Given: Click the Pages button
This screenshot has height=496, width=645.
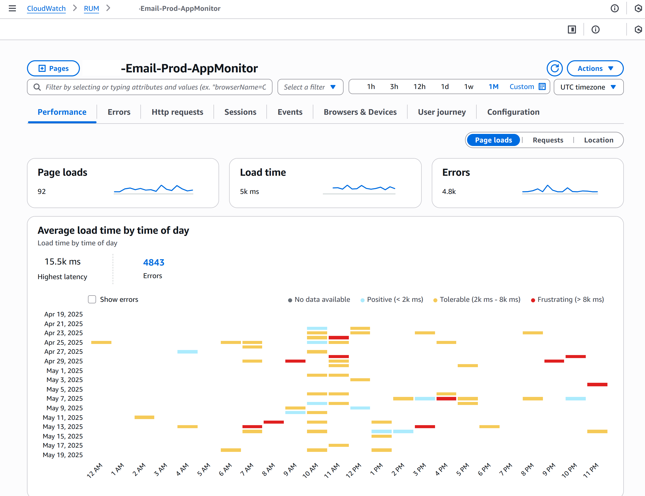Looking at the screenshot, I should [53, 69].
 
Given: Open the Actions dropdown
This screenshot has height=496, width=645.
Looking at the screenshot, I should [595, 69].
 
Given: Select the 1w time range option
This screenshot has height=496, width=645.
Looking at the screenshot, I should [468, 87].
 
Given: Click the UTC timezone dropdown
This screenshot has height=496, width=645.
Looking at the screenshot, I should [588, 87].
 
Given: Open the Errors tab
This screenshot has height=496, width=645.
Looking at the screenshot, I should [119, 112].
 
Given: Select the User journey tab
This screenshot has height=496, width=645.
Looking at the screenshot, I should [441, 112].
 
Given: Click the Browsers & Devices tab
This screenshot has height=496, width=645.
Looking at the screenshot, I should [360, 112].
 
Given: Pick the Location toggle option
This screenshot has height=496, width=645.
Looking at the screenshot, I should [598, 140].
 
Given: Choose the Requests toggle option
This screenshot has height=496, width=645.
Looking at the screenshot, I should [548, 140].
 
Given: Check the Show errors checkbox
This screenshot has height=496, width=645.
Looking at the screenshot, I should [92, 299].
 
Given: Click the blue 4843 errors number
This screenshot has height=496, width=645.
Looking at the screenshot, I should [153, 262].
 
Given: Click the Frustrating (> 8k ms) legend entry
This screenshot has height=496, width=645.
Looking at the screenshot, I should [567, 300].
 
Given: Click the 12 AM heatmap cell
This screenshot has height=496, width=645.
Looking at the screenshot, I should [101, 342].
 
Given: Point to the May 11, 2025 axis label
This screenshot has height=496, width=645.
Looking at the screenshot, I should [63, 418].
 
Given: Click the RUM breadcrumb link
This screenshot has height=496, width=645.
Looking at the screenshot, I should [91, 9].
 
